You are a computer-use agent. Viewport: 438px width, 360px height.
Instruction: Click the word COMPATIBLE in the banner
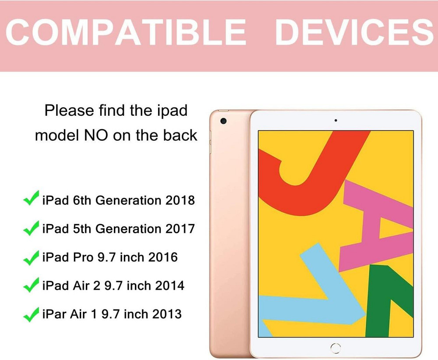[126, 32]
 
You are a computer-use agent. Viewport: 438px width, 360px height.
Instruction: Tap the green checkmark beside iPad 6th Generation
[31, 200]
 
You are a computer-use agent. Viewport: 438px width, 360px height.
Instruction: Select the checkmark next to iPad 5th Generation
[31, 228]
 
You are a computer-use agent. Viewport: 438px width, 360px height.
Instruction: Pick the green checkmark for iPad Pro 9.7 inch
[31, 257]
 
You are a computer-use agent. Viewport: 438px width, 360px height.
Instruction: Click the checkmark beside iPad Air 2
[31, 286]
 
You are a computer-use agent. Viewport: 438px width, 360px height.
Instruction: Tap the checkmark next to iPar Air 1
[31, 314]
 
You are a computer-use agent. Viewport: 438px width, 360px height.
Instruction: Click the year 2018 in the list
[180, 200]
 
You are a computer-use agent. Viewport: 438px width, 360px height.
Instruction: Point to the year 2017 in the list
[180, 228]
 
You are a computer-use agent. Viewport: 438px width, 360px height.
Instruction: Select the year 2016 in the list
[163, 257]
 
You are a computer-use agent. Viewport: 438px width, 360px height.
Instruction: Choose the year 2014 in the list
[170, 285]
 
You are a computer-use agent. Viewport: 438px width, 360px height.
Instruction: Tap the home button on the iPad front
[336, 348]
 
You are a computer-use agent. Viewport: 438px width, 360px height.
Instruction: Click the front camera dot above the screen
[336, 120]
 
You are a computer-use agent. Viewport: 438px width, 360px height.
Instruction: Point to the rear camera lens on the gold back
[223, 121]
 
